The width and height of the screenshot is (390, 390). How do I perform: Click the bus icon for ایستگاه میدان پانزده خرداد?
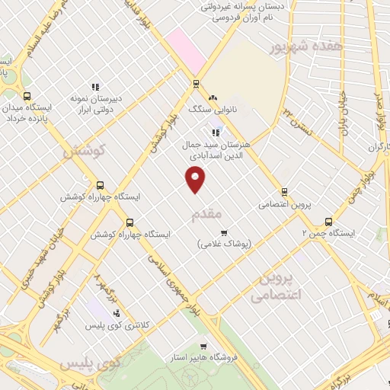28,97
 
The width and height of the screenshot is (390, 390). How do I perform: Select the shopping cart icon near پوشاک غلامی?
223,232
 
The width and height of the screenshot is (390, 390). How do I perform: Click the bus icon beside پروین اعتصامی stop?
284,192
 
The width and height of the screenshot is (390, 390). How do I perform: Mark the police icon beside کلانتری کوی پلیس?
116,312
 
